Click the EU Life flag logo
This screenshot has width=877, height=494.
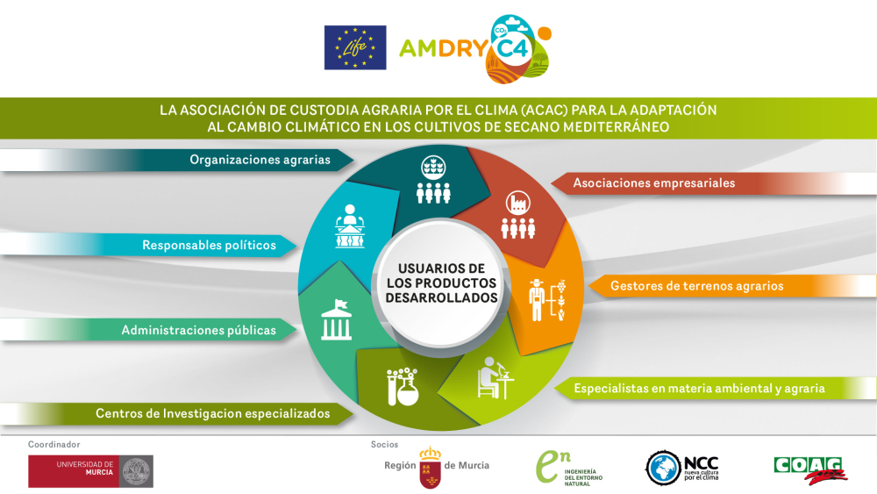click(355, 47)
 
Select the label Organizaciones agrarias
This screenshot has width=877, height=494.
click(260, 160)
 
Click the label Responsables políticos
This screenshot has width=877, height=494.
click(209, 245)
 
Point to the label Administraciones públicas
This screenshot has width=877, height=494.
click(198, 330)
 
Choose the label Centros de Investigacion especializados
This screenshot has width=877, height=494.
click(212, 412)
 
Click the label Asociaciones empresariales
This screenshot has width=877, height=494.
click(653, 183)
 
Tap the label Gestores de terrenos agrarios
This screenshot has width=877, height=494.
click(696, 285)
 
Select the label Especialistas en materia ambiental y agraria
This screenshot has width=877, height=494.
click(698, 388)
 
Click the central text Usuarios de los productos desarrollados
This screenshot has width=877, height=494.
click(441, 283)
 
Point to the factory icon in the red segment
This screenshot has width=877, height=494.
click(517, 216)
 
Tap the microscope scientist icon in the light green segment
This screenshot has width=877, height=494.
click(495, 378)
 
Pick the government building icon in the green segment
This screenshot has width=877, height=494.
click(337, 319)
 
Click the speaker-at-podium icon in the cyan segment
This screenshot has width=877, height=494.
click(349, 226)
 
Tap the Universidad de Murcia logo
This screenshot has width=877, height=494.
click(90, 471)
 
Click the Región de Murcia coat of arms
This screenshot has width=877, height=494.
click(430, 467)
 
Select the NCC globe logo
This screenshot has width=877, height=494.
click(663, 469)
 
